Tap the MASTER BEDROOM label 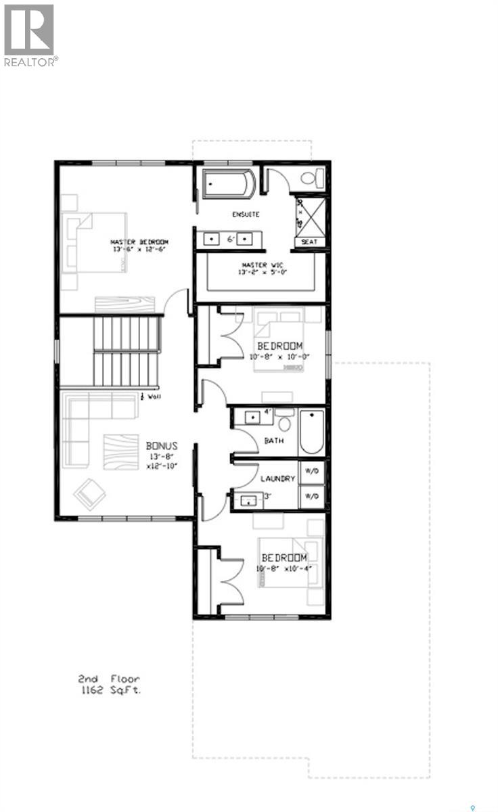tap(139, 242)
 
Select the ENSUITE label tap(245, 215)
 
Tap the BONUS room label tap(162, 446)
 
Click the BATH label tap(274, 441)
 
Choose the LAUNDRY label tap(278, 478)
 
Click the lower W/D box tap(312, 497)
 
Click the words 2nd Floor tap(110, 678)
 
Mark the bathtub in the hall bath tap(312, 432)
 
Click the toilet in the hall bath tap(284, 424)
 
